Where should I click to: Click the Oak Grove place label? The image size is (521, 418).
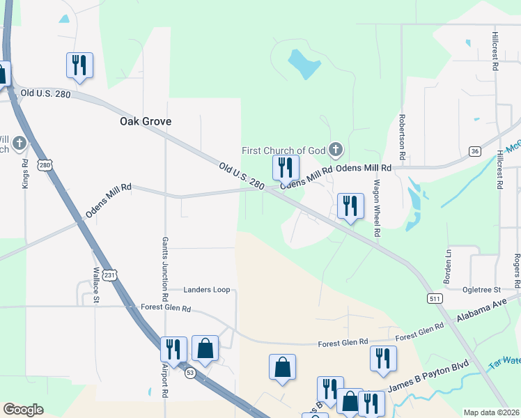click(x=146, y=121)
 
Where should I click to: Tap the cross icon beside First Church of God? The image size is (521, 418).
click(x=336, y=149)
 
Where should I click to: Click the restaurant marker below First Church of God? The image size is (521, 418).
click(x=285, y=168)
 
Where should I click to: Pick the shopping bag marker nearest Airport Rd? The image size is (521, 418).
click(x=205, y=349)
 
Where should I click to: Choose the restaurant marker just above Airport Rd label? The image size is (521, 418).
click(x=173, y=350)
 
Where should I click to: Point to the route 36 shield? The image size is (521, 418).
click(x=475, y=151)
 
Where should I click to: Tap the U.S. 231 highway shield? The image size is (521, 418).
click(x=109, y=274)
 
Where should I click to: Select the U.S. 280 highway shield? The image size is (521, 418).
click(x=45, y=165)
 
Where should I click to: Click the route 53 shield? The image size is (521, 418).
click(x=189, y=373)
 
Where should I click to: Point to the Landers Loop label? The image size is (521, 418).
click(x=206, y=290)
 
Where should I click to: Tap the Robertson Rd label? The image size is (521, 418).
click(x=402, y=136)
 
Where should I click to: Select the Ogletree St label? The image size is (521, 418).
click(x=482, y=289)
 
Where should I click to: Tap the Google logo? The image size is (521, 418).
click(x=24, y=410)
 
